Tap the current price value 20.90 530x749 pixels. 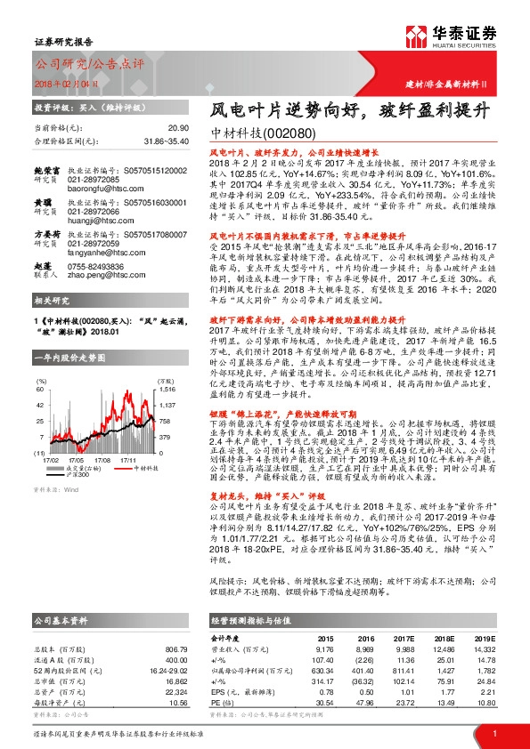(x=178, y=128)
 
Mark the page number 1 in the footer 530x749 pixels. (x=494, y=731)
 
